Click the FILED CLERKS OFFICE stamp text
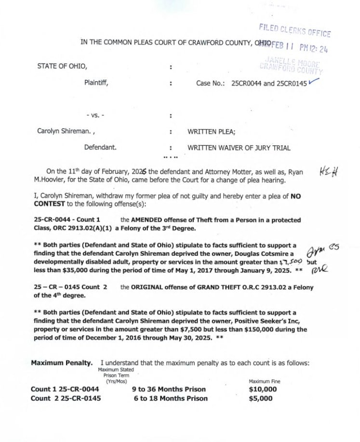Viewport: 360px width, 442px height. coord(295,30)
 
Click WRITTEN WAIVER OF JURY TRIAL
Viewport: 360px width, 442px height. coord(239,148)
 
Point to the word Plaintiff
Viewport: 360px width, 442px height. coord(96,83)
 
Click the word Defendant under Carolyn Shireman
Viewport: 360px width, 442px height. coord(100,148)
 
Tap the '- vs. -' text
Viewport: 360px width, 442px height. coord(95,116)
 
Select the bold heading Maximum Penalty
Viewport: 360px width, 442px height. coord(62,363)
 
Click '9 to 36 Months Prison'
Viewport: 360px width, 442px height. coord(169,389)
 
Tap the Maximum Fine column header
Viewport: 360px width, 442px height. coord(264,381)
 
